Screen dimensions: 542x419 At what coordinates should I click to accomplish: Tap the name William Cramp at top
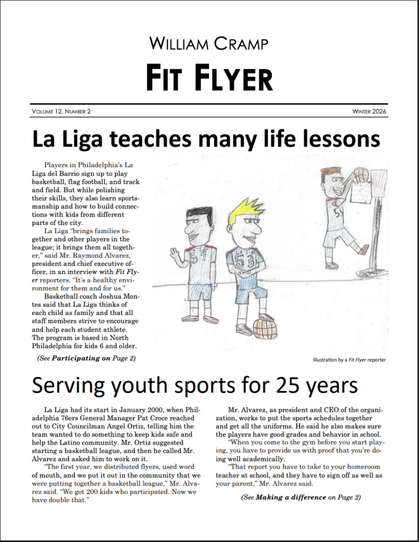(x=209, y=43)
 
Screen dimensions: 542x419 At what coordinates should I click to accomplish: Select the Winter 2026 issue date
(x=369, y=111)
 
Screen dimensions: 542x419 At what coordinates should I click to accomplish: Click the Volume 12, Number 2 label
(x=61, y=111)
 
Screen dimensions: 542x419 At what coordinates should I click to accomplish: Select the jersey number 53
(x=244, y=261)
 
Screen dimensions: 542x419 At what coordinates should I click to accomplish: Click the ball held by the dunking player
(x=360, y=174)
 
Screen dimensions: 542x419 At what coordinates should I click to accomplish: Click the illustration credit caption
(x=349, y=360)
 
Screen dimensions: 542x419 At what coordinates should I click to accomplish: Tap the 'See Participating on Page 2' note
(x=86, y=358)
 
